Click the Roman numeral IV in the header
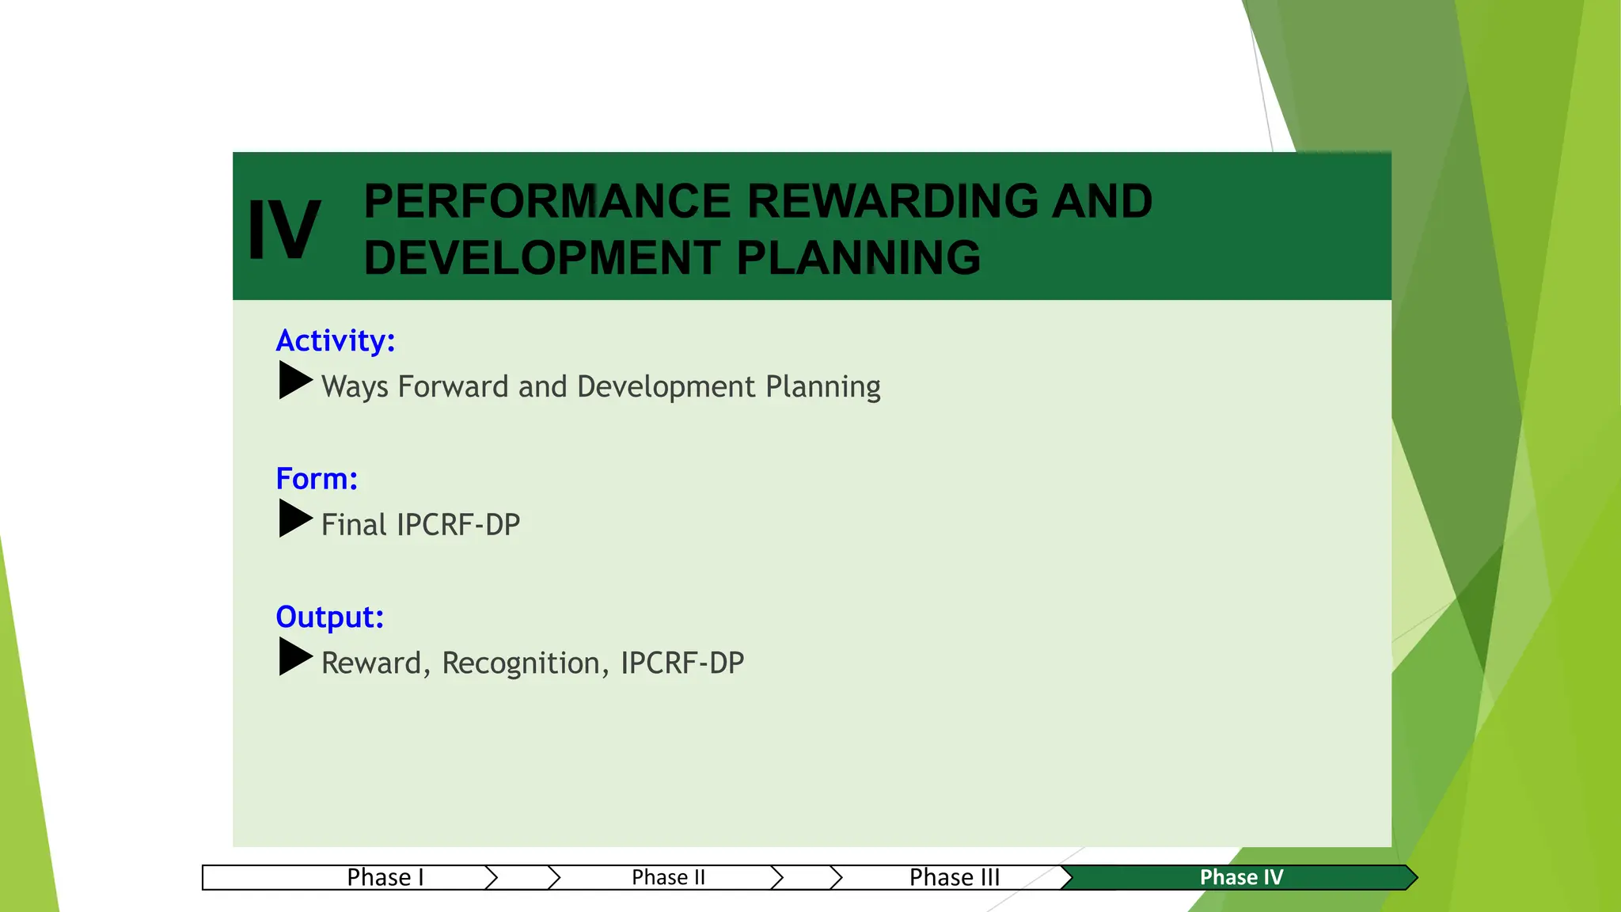tap(283, 230)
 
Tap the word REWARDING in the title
tap(892, 201)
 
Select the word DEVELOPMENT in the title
tap(542, 258)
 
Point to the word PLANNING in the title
tap(859, 258)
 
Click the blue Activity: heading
tap(335, 340)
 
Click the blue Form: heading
tap(317, 479)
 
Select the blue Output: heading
tap(329, 617)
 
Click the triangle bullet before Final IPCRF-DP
tap(295, 519)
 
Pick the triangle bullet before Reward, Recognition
tap(295, 656)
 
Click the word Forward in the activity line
tap(453, 386)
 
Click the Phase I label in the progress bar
tap(385, 877)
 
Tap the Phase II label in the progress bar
tap(668, 877)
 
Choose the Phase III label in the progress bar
tap(954, 877)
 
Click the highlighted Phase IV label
tap(1240, 877)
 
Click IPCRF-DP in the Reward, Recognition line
tap(681, 663)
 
